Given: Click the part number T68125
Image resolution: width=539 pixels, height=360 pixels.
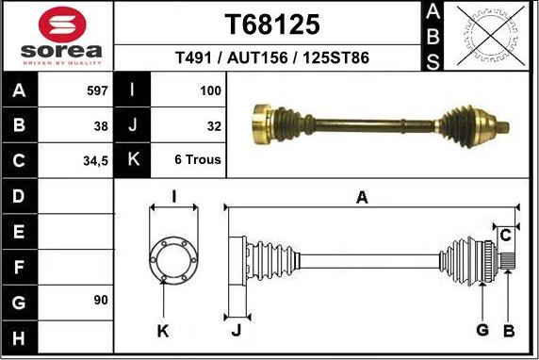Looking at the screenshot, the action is click(x=272, y=24).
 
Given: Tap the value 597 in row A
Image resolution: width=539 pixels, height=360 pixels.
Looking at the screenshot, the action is click(x=96, y=91).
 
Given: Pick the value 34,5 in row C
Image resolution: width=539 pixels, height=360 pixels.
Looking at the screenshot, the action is click(x=95, y=160).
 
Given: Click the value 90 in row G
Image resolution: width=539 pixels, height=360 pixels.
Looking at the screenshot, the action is click(x=101, y=300).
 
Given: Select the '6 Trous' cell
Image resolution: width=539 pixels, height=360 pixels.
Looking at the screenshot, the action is click(x=198, y=160).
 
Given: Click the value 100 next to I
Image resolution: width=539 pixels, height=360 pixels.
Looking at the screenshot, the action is click(x=210, y=91).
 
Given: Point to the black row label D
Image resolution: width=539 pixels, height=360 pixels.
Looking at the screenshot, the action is click(x=20, y=196).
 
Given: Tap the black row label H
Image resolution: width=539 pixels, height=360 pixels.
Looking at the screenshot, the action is click(x=20, y=335).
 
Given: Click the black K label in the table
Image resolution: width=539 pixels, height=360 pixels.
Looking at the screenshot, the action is click(x=132, y=160).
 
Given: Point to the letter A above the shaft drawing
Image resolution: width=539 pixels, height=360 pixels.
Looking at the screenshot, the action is click(x=361, y=198).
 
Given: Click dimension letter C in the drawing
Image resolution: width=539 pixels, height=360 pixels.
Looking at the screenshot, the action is click(x=505, y=234).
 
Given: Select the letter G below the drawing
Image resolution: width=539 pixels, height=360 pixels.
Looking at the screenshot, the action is click(x=482, y=329).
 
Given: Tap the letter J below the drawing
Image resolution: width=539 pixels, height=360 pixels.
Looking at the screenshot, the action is click(x=236, y=329).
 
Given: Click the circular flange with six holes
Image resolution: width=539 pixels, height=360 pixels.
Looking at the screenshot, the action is click(x=174, y=257).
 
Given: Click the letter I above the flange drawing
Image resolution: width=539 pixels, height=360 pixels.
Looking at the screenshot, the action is click(x=174, y=196).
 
